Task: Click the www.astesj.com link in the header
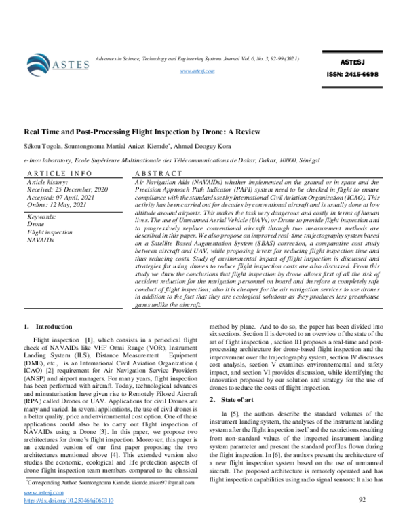click(x=197, y=71)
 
